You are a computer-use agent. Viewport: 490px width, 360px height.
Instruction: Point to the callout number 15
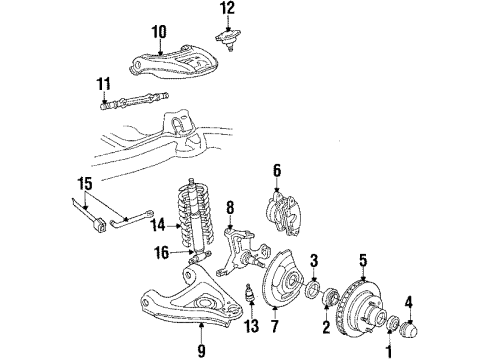83,183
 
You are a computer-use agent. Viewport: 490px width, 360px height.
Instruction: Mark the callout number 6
278,171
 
